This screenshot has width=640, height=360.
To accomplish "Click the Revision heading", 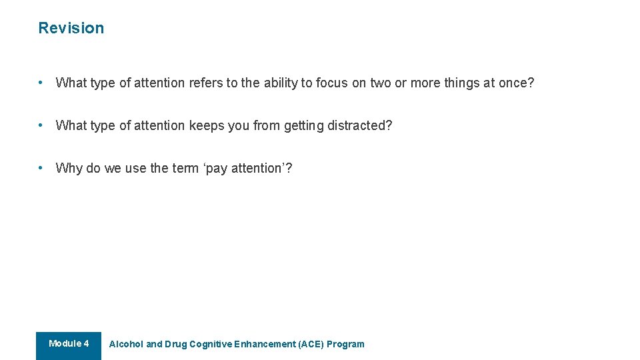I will [x=71, y=28].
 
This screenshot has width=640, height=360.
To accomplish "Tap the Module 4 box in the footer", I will [x=69, y=344].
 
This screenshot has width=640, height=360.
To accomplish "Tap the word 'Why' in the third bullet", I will [x=69, y=168].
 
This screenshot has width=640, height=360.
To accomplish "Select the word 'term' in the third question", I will [x=185, y=168].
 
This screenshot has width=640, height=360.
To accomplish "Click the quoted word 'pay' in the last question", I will [x=216, y=168].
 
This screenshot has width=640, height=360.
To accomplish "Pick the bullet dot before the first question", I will [x=41, y=83].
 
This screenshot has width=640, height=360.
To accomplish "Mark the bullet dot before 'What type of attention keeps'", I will [x=41, y=125].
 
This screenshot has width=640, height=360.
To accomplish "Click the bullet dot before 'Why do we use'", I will [x=41, y=167].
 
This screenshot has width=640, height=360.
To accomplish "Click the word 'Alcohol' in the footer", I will [x=126, y=345].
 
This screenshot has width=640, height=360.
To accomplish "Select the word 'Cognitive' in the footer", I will [x=211, y=345].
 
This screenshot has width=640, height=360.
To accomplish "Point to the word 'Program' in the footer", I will [x=345, y=345].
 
